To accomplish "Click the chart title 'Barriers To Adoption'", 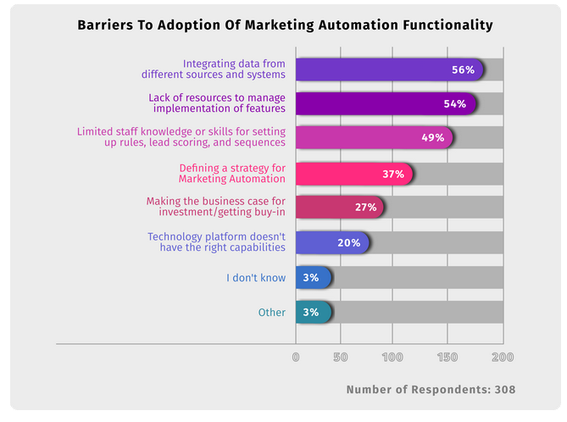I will pos(283,25).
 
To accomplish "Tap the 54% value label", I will pos(454,104).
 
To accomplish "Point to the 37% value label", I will pos(393,174).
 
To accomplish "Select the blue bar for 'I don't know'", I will pos(311,278).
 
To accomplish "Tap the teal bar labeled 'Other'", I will pos(311,313).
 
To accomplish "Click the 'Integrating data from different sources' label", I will pos(235,69).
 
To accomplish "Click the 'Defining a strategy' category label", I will pos(232,174).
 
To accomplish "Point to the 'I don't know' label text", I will pos(256,278).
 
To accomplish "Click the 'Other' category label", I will pos(271,313).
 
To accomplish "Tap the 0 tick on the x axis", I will pos(296,357).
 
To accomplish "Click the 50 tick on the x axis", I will pos(341,357).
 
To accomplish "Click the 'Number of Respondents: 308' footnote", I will pos(431,390).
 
